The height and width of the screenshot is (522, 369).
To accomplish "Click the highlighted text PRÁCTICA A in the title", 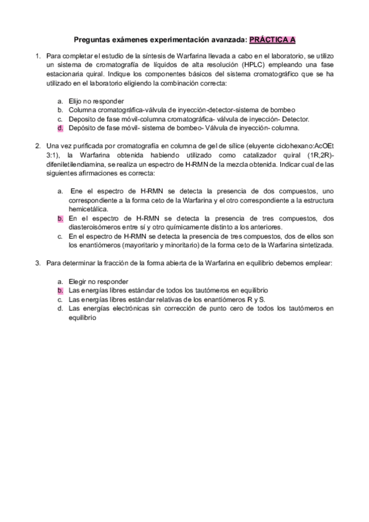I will pyautogui.click(x=272, y=40).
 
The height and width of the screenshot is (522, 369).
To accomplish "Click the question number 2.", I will pyautogui.click(x=38, y=146).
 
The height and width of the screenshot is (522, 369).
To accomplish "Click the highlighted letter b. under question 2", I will pyautogui.click(x=60, y=218).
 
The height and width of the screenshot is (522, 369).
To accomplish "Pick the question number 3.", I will pyautogui.click(x=38, y=263).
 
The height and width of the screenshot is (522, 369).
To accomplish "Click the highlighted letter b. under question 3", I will pyautogui.click(x=60, y=289).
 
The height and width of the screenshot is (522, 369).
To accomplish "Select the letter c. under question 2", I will pyautogui.click(x=60, y=236).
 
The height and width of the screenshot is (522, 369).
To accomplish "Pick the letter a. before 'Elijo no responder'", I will pyautogui.click(x=60, y=101).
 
